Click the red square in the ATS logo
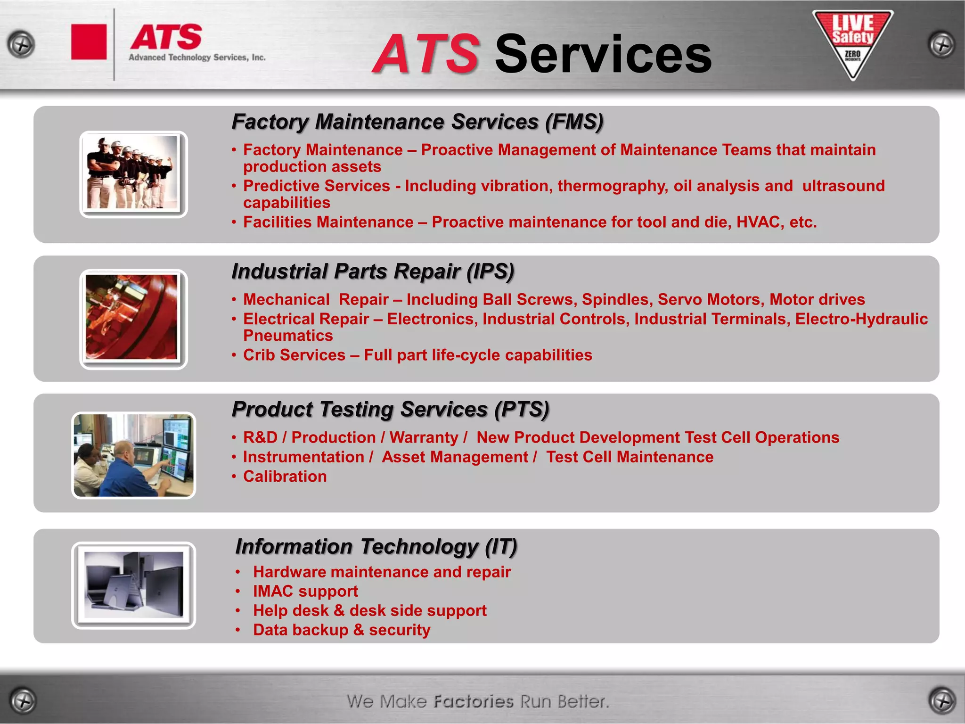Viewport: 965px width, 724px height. click(x=89, y=42)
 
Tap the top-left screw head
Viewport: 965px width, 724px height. click(x=21, y=45)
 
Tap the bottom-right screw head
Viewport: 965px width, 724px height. click(x=942, y=700)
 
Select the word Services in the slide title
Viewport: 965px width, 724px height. click(x=603, y=55)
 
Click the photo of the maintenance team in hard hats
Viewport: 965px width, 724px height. click(x=133, y=174)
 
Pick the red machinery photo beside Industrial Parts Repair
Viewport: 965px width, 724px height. click(x=133, y=319)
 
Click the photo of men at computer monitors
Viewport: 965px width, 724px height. click(x=133, y=455)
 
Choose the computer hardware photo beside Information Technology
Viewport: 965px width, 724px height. click(x=133, y=585)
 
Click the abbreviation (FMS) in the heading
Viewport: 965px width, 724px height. click(x=574, y=122)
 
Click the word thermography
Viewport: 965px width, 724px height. click(x=613, y=186)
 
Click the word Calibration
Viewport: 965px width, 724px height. click(x=285, y=477)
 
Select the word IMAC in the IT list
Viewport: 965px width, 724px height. click(x=273, y=591)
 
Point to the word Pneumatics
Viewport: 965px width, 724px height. click(x=288, y=336)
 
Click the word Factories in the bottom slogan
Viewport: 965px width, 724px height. click(x=474, y=701)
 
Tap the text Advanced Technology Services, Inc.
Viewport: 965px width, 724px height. click(x=197, y=58)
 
